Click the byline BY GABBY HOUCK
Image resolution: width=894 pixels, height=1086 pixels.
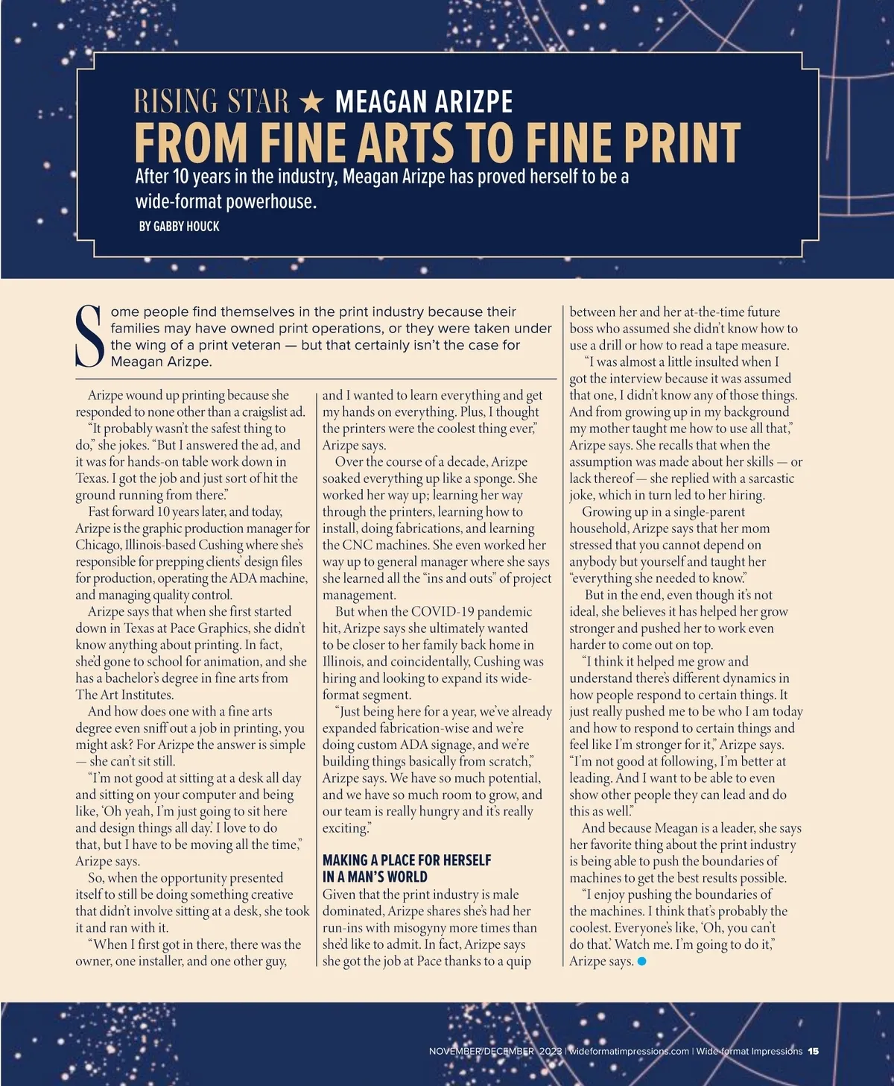[179, 226]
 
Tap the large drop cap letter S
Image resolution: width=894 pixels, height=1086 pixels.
[90, 336]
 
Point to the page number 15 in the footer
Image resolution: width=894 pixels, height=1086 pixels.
[813, 1051]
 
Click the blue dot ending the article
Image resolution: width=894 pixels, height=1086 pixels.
[642, 962]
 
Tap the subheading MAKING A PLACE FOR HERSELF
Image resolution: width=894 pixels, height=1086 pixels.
[407, 860]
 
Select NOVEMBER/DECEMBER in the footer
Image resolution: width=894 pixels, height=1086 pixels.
[481, 1051]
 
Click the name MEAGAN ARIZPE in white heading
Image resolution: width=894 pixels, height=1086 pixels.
[424, 101]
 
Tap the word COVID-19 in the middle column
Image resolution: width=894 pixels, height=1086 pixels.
[451, 612]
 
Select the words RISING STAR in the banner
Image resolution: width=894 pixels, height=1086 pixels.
[211, 101]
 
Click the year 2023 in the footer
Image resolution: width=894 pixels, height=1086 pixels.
[551, 1051]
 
